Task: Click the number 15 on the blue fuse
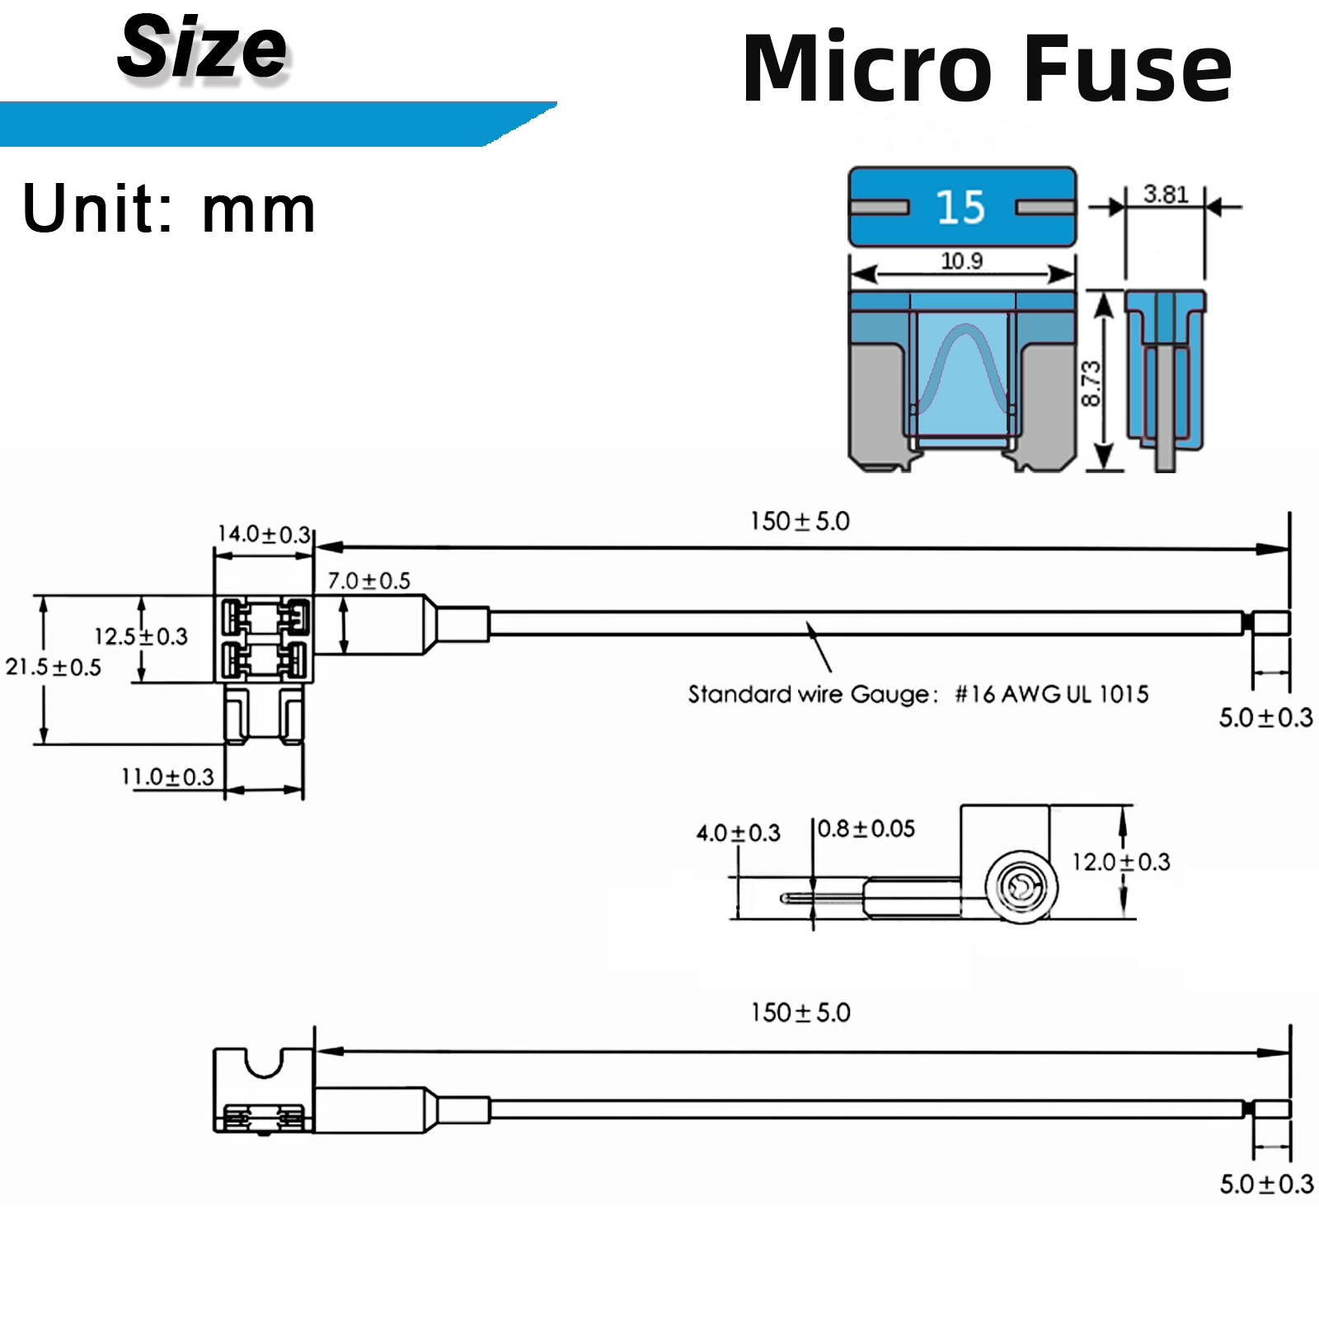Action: click(960, 206)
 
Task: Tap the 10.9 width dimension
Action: click(961, 261)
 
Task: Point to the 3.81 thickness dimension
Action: click(1166, 194)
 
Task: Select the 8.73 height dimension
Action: click(1090, 383)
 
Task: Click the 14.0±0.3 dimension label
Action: click(264, 534)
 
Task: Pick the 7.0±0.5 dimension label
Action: click(368, 580)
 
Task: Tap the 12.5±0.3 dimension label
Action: click(141, 636)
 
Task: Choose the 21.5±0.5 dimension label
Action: click(54, 667)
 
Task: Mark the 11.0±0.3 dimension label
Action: click(167, 777)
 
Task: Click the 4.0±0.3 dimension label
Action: click(738, 833)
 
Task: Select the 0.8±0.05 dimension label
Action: click(866, 828)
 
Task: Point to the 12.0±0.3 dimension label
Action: click(1121, 861)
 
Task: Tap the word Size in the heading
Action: click(203, 48)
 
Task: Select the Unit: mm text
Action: click(169, 209)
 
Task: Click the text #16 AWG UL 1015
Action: click(1052, 694)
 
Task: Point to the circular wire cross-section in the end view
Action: click(1021, 887)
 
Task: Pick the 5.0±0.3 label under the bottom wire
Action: click(1266, 1184)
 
